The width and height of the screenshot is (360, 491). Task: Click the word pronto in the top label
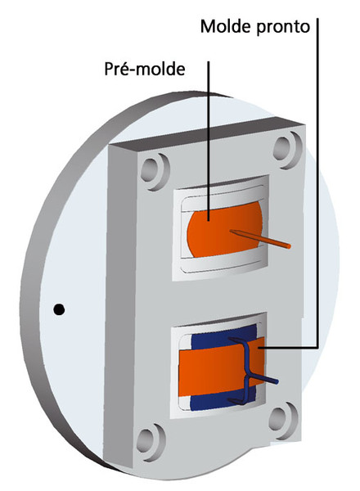(283, 28)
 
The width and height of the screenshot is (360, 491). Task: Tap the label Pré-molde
(144, 69)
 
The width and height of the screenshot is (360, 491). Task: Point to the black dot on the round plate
(59, 309)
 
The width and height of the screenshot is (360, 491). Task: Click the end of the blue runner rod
(276, 381)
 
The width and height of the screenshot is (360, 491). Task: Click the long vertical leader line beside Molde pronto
(317, 182)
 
